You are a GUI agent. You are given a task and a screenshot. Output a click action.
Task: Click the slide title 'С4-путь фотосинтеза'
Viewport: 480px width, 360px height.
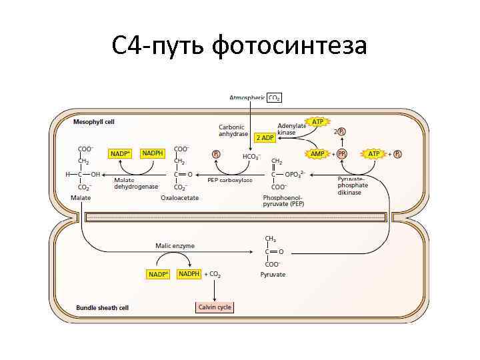click(x=239, y=46)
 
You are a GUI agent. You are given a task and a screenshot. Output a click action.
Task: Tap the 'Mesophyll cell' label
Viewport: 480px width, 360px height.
click(x=93, y=122)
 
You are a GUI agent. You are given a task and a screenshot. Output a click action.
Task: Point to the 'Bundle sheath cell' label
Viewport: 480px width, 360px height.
click(x=101, y=308)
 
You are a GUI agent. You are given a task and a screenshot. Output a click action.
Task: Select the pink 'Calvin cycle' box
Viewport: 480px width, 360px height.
click(x=214, y=307)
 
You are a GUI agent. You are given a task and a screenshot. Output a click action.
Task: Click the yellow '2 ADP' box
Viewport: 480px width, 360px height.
click(x=265, y=137)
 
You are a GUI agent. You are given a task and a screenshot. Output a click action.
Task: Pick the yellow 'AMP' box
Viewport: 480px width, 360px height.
click(x=318, y=153)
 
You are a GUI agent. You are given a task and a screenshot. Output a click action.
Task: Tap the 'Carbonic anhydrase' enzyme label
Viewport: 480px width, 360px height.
click(x=232, y=130)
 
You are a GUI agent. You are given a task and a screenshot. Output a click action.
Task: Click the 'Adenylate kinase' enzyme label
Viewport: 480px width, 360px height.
click(x=291, y=129)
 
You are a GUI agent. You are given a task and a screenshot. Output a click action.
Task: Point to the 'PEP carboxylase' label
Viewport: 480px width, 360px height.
click(x=229, y=180)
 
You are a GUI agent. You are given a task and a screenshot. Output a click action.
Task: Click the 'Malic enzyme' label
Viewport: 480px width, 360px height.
click(x=175, y=246)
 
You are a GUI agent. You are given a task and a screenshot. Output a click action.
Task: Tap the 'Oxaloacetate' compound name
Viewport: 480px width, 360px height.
click(x=180, y=198)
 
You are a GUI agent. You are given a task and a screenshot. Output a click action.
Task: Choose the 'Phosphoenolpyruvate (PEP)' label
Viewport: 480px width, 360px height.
click(x=283, y=201)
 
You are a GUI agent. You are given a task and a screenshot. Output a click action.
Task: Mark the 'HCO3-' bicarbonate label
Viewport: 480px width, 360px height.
click(x=251, y=157)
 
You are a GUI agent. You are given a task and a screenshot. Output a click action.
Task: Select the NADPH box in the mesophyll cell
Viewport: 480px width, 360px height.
click(x=153, y=153)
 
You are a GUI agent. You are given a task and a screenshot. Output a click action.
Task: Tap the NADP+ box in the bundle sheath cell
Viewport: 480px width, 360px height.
click(x=159, y=274)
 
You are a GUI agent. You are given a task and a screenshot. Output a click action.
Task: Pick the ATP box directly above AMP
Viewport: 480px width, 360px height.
click(x=317, y=122)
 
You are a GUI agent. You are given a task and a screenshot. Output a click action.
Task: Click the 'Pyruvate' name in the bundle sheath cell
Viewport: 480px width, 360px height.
click(x=273, y=274)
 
